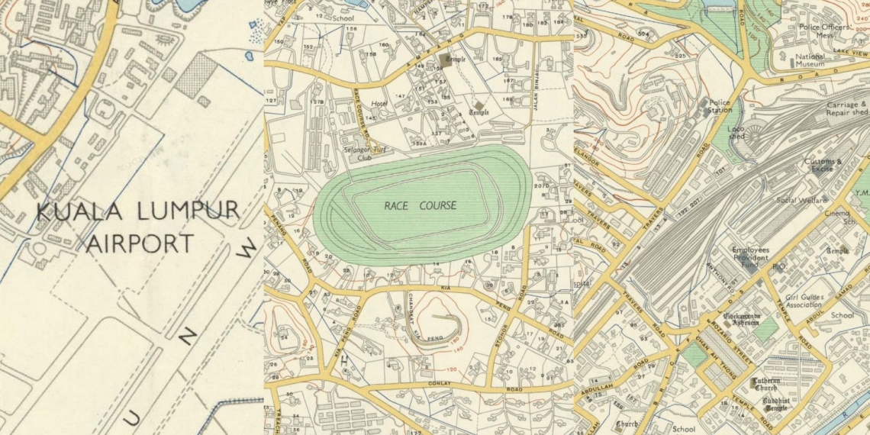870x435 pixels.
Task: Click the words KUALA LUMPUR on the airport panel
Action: [137, 211]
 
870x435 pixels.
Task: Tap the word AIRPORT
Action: [140, 244]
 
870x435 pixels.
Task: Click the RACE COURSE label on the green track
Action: [420, 205]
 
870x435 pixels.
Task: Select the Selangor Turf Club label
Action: [363, 154]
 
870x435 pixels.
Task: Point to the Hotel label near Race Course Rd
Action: [379, 103]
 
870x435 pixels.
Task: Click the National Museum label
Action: [810, 60]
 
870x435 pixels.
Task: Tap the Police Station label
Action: [720, 106]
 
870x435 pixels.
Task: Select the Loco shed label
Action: [736, 134]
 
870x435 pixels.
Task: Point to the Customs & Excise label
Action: [823, 165]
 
